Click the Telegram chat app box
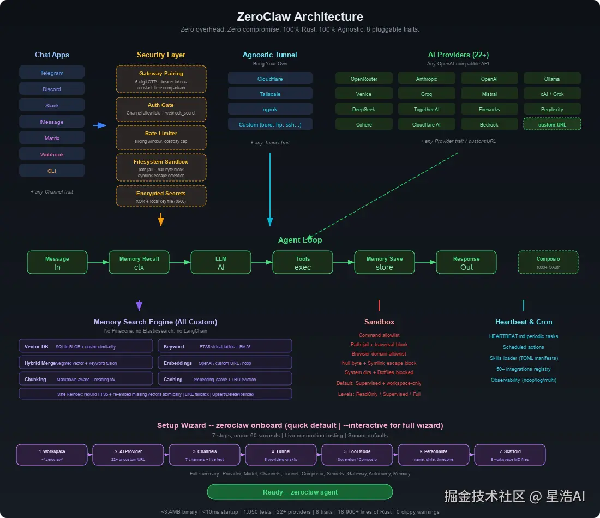52,73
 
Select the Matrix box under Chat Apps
52,138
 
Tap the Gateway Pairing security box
161,80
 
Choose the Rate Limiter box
161,137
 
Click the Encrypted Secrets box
161,196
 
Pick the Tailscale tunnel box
270,94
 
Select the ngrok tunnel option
270,109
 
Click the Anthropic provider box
427,79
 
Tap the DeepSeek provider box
364,109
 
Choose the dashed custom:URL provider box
552,124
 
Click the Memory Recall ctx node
139,262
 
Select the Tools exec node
303,262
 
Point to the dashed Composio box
548,262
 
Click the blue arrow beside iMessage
99,125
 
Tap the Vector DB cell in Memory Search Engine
86,346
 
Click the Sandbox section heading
379,322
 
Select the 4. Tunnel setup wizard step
281,455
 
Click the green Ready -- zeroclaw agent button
300,492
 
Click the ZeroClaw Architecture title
300,17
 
